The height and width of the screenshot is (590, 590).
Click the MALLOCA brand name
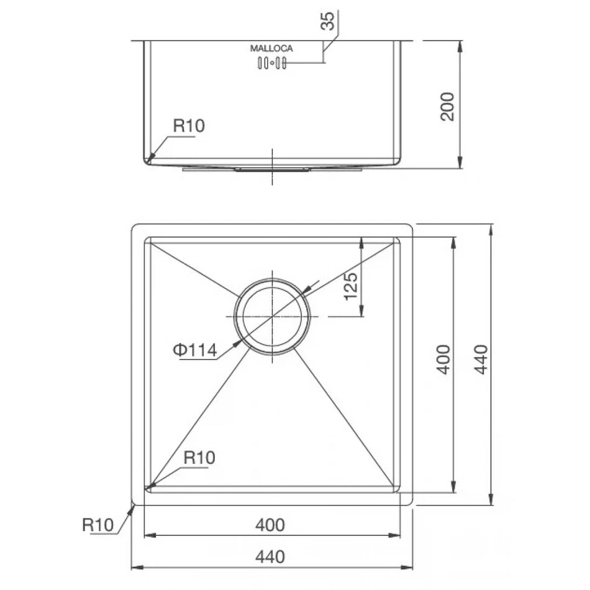[x=271, y=48]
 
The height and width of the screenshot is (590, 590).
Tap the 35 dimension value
[x=327, y=20]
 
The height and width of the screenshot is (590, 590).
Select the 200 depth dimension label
[x=447, y=106]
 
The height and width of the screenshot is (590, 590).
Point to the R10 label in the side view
[x=189, y=125]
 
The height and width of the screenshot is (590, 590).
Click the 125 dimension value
[x=351, y=286]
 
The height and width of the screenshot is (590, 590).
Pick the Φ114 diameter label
[x=195, y=350]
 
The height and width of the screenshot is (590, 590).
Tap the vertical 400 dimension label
[x=443, y=360]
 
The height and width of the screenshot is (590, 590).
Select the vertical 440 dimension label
[x=481, y=360]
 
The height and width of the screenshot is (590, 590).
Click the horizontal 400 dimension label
[x=270, y=525]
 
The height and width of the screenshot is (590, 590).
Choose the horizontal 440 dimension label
[x=270, y=556]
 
